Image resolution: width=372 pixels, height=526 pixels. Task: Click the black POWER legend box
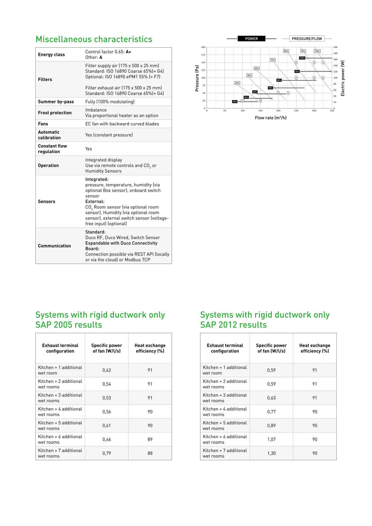[x=251, y=39]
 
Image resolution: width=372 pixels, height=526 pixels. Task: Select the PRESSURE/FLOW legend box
[x=307, y=39]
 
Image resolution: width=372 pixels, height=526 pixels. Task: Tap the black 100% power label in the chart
[x=302, y=58]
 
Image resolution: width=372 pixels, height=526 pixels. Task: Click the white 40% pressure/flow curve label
[x=237, y=83]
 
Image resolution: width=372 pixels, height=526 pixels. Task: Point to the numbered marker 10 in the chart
[x=242, y=101]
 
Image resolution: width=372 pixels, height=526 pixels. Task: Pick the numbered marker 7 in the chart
[x=288, y=93]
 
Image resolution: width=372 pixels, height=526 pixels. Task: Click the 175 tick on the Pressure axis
[x=203, y=55]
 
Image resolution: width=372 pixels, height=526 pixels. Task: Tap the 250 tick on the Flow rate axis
[x=296, y=111]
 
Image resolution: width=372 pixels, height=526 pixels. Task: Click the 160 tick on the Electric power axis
[x=335, y=59]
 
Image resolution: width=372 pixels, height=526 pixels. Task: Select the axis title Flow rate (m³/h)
[x=271, y=118]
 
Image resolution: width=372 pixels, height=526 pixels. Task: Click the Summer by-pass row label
[x=56, y=102]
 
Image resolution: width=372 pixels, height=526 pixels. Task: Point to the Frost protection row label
[x=55, y=113]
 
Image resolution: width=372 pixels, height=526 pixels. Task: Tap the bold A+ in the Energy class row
[x=128, y=52]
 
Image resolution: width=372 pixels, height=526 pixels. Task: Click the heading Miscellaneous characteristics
[x=94, y=39]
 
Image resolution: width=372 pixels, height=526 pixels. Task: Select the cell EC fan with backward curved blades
[x=122, y=124]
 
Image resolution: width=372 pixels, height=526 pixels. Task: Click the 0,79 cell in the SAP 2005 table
[x=107, y=453]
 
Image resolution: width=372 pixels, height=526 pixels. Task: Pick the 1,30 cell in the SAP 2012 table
[x=271, y=453]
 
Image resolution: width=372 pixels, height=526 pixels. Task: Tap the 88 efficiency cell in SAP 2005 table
[x=150, y=453]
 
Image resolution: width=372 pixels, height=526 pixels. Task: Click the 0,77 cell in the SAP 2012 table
[x=271, y=412]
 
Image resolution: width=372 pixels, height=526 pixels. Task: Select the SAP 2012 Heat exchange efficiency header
[x=315, y=348]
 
